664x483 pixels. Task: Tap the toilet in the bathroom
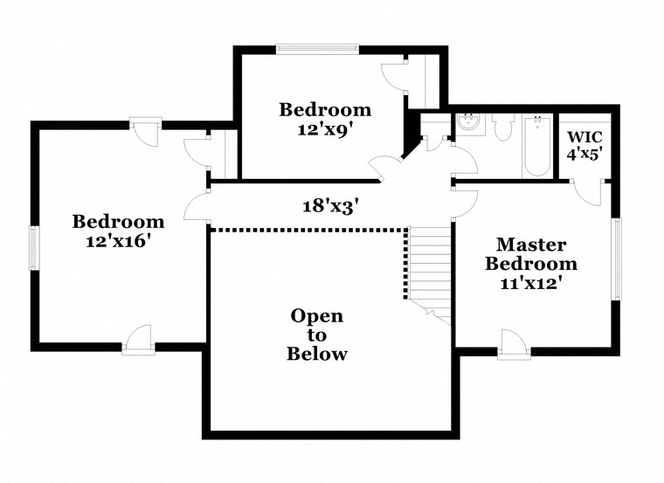point(502,129)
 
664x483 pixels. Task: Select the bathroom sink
point(469,124)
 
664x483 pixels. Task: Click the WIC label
point(583,137)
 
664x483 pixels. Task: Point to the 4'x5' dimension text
point(584,155)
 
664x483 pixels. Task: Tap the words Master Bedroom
point(531,254)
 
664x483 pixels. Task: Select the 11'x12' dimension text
point(531,282)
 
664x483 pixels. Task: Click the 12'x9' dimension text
point(325,127)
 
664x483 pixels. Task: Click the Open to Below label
point(316,335)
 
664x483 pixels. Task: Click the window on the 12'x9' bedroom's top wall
point(318,49)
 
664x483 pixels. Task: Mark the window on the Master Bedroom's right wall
point(617,259)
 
